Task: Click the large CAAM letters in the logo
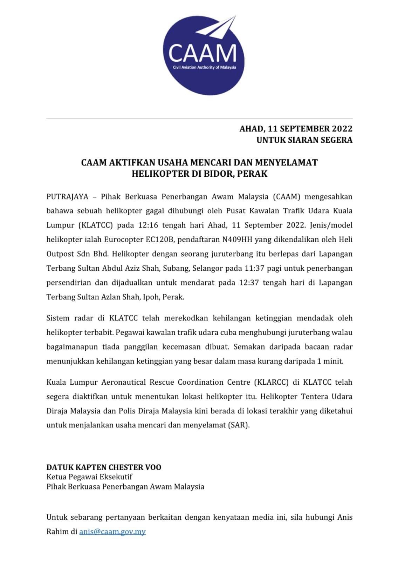coord(202,53)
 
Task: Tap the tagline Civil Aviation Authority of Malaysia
coord(202,67)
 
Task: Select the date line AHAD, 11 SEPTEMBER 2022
coord(296,129)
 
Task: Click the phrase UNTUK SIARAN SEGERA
coord(304,140)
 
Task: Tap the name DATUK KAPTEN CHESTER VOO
coord(104,467)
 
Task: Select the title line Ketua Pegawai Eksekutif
coord(89,477)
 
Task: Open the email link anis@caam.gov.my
coord(112,532)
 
